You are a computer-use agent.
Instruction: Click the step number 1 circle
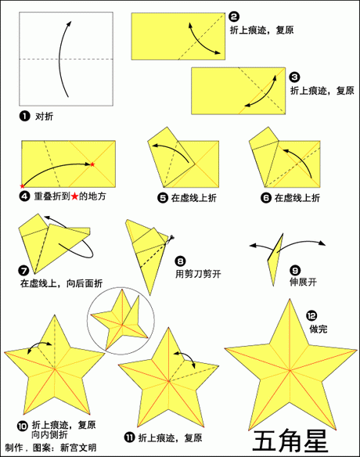[x=24, y=115]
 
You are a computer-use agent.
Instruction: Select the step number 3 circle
[x=293, y=77]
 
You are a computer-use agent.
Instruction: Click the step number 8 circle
[x=180, y=261]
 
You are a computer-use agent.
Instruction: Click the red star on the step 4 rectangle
[x=92, y=164]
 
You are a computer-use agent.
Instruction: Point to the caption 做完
[x=317, y=329]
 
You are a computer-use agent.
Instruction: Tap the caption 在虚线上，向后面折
[x=61, y=282]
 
